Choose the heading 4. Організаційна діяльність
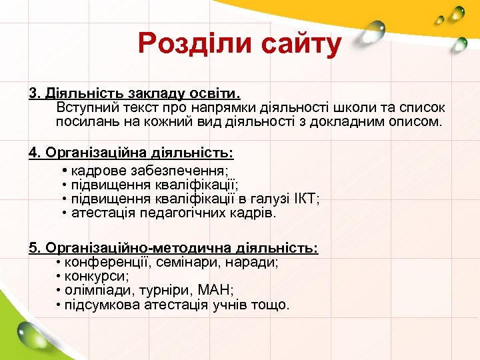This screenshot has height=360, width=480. (131, 153)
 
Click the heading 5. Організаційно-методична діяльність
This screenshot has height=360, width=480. (173, 248)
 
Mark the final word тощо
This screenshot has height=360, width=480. (273, 305)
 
